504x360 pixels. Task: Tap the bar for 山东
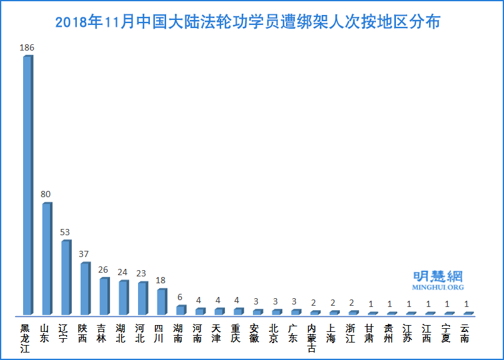(x=46, y=259)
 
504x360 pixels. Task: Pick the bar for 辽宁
(x=66, y=278)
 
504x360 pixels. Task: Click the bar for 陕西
(x=84, y=289)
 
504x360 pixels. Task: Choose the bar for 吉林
(x=104, y=296)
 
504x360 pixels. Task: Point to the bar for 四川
(x=161, y=302)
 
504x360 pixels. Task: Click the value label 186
(x=27, y=47)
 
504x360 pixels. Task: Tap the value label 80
(x=46, y=194)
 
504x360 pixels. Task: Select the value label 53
(x=65, y=232)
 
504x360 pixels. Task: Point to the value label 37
(x=84, y=254)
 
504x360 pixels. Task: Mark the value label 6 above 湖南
(x=180, y=297)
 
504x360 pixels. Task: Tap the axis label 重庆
(x=235, y=333)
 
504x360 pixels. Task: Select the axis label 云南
(x=465, y=333)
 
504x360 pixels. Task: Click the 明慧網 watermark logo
(x=438, y=276)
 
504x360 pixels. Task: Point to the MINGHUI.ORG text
(x=438, y=288)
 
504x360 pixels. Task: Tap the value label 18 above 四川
(x=161, y=281)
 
